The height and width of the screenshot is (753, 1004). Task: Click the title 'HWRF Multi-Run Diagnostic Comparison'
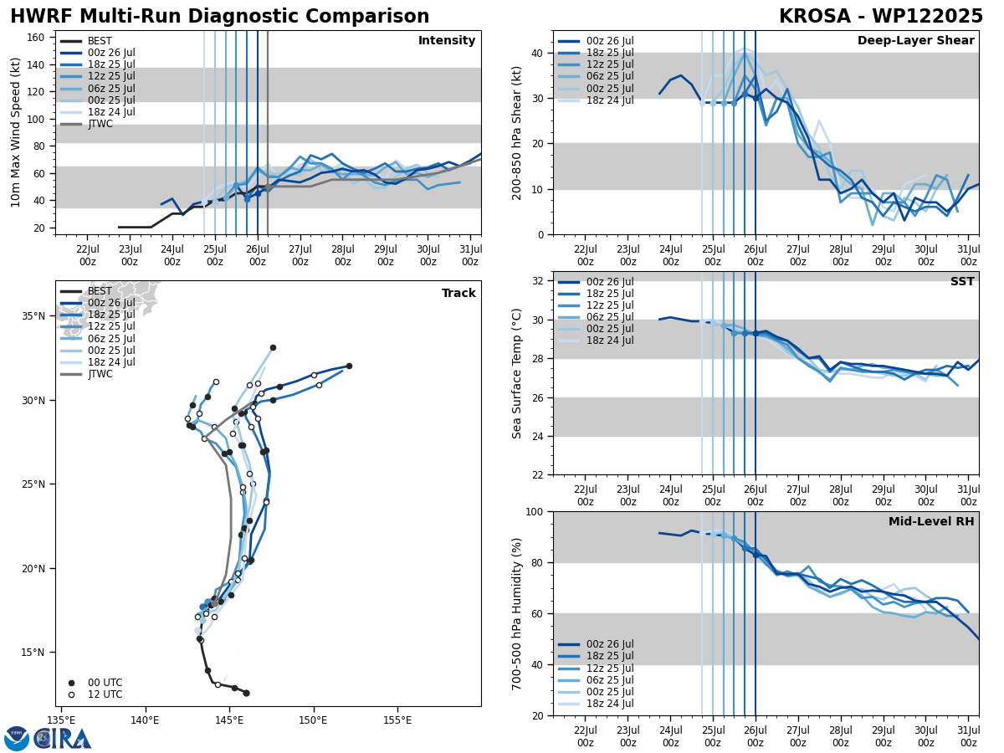(x=219, y=17)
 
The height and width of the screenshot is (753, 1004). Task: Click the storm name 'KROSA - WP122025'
(x=880, y=17)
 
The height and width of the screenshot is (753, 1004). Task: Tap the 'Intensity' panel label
(x=447, y=41)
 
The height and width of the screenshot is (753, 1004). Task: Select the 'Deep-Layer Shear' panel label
(x=915, y=41)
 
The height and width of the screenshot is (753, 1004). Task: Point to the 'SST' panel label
(x=961, y=282)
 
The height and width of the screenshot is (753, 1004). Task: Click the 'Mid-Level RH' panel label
(x=931, y=522)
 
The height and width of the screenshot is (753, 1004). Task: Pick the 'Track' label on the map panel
(x=458, y=294)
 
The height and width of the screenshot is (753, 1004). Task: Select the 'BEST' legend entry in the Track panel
(x=100, y=291)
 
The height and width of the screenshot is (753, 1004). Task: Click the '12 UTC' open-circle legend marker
(x=71, y=694)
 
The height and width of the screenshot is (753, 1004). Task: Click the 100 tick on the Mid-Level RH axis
(x=535, y=512)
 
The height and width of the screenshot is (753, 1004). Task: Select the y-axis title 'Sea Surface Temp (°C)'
(x=517, y=373)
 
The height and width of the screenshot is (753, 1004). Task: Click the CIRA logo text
(x=63, y=738)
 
